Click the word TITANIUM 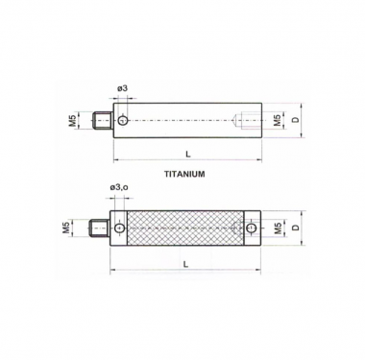coord(184,174)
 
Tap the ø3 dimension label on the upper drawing coord(123,88)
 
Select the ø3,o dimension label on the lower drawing coord(119,188)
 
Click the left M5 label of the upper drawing coord(73,121)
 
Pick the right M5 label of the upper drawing coord(278,120)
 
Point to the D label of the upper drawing coord(296,120)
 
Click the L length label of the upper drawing coord(188,154)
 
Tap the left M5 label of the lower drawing coord(67,228)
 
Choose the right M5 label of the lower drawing coord(278,228)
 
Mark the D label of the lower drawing coord(296,228)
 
